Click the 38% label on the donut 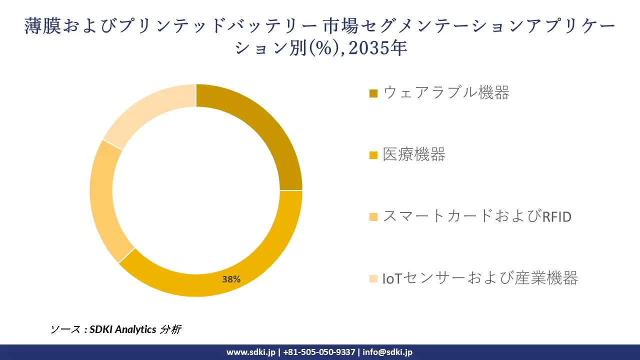point(231,279)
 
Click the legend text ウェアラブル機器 point(446,92)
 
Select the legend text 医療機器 point(414,154)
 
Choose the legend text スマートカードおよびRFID point(476,216)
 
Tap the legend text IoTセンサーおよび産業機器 point(480,278)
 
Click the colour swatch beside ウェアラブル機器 point(373,93)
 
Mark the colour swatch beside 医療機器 point(373,155)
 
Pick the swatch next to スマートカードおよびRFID point(373,217)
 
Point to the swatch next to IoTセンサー point(373,278)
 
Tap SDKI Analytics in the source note point(122,329)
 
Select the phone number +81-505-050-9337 point(319,352)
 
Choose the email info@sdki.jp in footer point(387,352)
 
